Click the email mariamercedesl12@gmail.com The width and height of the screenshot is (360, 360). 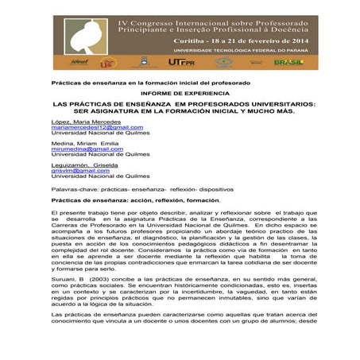pos(86,126)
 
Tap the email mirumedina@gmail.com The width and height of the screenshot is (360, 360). pos(76,149)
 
